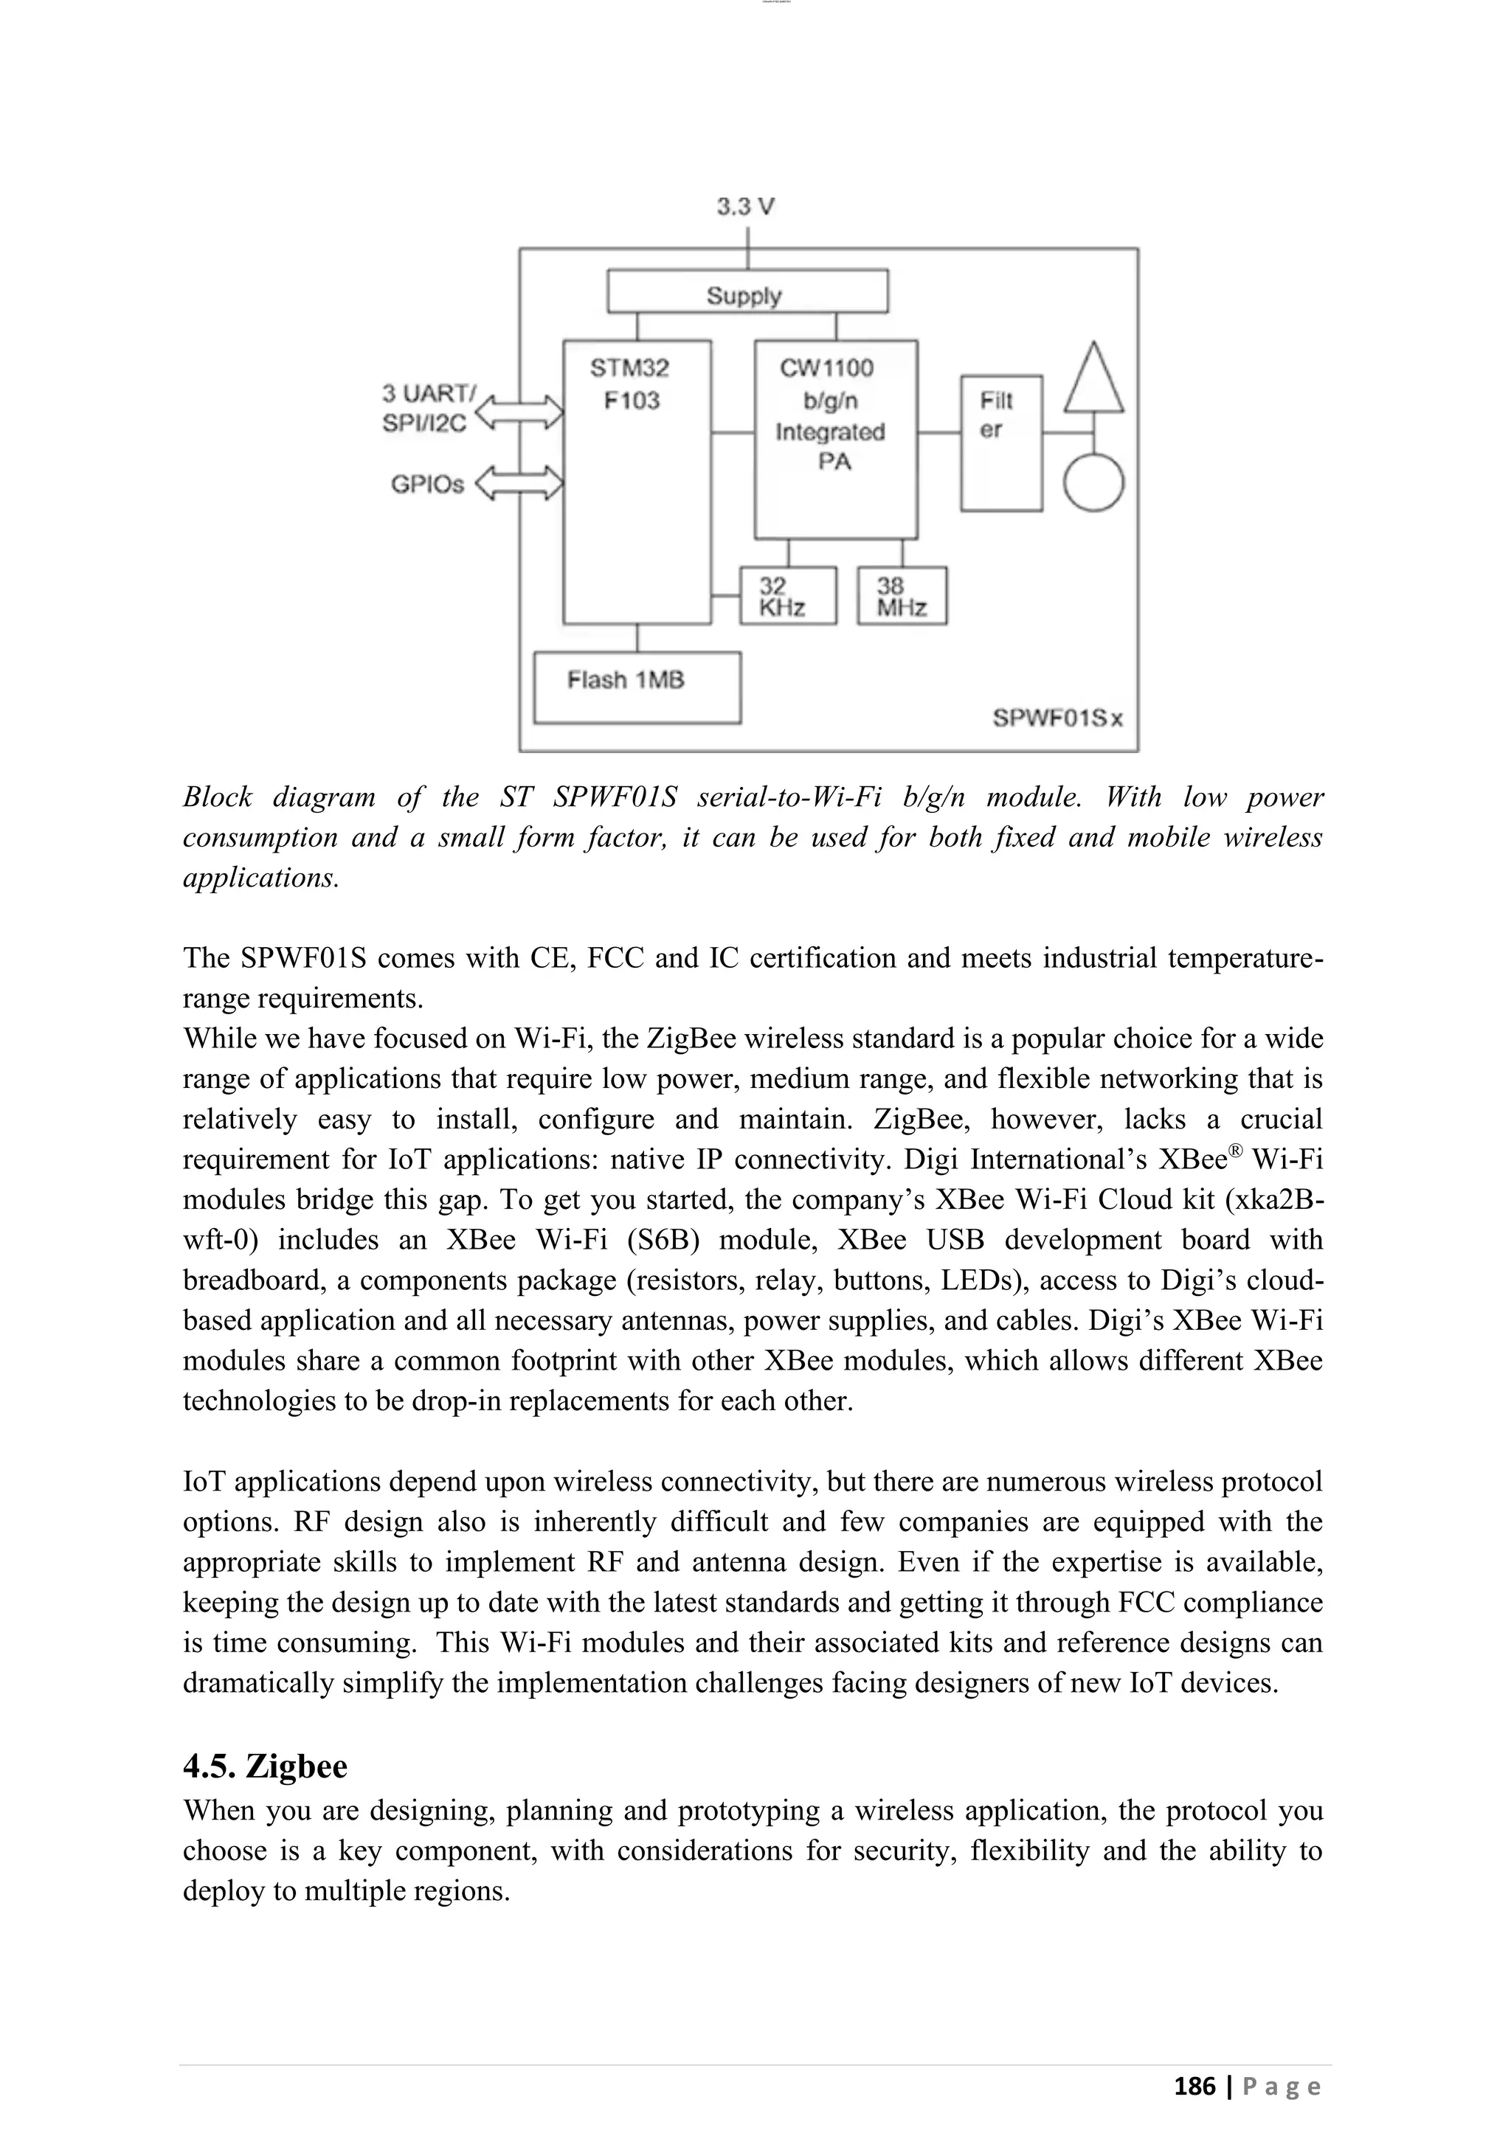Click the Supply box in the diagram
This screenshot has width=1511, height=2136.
[747, 291]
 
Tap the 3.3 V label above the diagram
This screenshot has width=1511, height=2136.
[745, 207]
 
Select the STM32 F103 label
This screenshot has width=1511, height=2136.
[630, 384]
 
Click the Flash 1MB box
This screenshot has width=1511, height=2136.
[637, 687]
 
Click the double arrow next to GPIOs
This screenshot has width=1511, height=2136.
[519, 483]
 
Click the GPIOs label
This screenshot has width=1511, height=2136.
[426, 484]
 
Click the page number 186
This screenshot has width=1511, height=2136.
[1194, 2086]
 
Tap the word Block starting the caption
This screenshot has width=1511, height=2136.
[218, 797]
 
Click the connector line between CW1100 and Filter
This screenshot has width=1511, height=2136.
[938, 433]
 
